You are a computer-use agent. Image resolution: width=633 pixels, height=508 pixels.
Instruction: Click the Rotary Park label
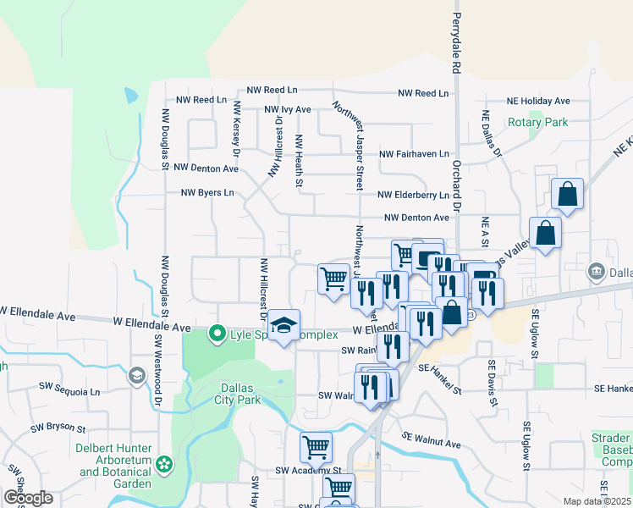(537, 122)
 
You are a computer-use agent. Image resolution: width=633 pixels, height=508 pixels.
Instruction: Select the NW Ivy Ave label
(288, 110)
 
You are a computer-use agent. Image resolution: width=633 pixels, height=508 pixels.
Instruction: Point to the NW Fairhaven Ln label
(414, 154)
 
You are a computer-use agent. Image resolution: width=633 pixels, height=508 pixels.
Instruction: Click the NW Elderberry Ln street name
(413, 195)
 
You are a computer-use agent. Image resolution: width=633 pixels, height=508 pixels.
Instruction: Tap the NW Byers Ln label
(207, 193)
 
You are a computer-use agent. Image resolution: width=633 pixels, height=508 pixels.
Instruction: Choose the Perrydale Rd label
(456, 42)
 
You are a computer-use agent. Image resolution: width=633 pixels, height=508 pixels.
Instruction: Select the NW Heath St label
(299, 160)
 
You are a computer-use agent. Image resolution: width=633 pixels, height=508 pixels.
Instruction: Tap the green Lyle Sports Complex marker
(217, 334)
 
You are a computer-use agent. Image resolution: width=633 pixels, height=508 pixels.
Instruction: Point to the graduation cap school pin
(284, 326)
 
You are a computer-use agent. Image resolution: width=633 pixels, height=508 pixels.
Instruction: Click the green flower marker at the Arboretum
(163, 465)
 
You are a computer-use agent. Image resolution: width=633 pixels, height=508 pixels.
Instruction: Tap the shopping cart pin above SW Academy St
(316, 446)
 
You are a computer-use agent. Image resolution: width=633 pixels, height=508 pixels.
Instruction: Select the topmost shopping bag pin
(567, 194)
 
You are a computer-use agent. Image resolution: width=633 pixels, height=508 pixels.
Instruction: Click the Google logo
(28, 498)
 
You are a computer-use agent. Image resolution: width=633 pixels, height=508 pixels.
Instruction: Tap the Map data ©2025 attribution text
(597, 501)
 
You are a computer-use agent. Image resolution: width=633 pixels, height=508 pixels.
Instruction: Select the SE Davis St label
(490, 383)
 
